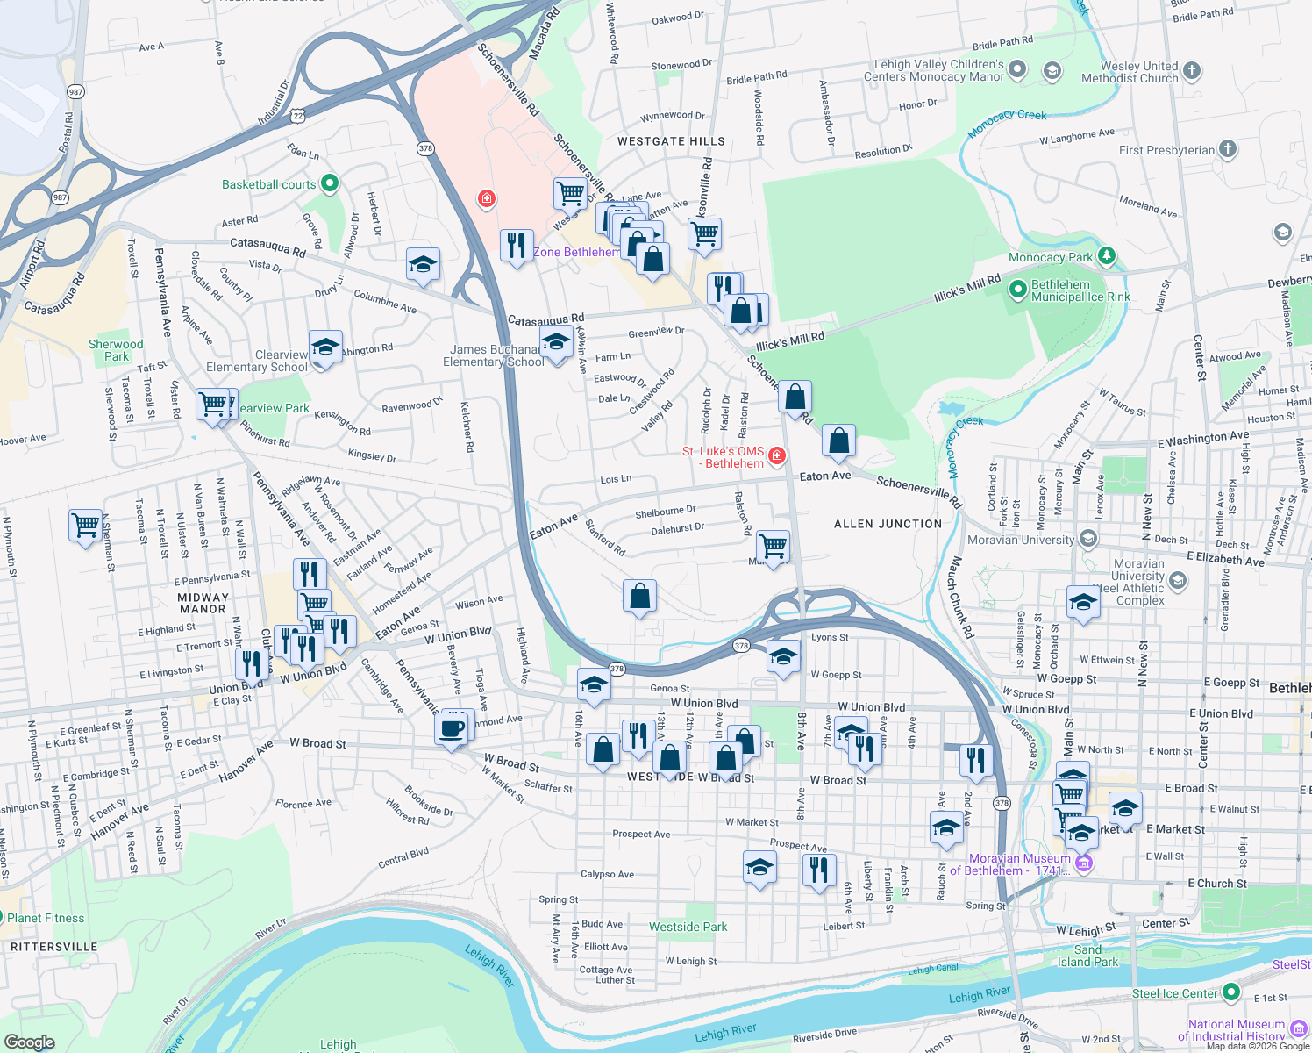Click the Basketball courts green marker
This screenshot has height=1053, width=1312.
click(330, 184)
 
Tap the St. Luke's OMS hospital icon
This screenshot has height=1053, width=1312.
click(777, 456)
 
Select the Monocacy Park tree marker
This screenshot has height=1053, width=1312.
click(1107, 256)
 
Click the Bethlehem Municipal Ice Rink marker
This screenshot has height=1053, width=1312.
click(1018, 290)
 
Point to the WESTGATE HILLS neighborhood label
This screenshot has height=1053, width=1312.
click(671, 141)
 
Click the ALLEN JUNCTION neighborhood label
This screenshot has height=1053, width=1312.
click(888, 524)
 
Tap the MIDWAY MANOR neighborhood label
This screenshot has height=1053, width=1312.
click(203, 603)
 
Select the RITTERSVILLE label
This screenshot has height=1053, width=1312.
click(54, 947)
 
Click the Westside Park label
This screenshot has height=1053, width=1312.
click(688, 927)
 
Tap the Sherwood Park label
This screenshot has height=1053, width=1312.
click(116, 350)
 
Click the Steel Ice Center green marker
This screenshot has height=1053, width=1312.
click(1231, 992)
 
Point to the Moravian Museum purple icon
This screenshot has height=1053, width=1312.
click(1084, 863)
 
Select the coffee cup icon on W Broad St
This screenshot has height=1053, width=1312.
click(453, 728)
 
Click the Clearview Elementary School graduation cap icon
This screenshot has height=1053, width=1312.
click(324, 347)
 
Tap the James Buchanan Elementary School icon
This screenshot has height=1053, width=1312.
click(556, 343)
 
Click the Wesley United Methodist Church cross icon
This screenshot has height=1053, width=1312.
click(1191, 71)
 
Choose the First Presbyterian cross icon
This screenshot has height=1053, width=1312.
click(1228, 149)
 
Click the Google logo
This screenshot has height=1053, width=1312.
click(29, 1042)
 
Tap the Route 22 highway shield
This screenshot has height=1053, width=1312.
click(298, 116)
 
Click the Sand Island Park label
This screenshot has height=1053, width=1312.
click(1087, 956)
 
